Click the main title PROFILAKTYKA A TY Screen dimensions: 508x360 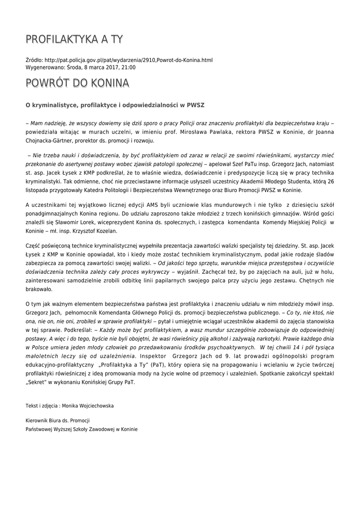point(74,39)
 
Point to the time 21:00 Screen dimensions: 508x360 point(129,67)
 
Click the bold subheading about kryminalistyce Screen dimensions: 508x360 point(115,105)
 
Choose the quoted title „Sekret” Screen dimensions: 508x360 point(37,382)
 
